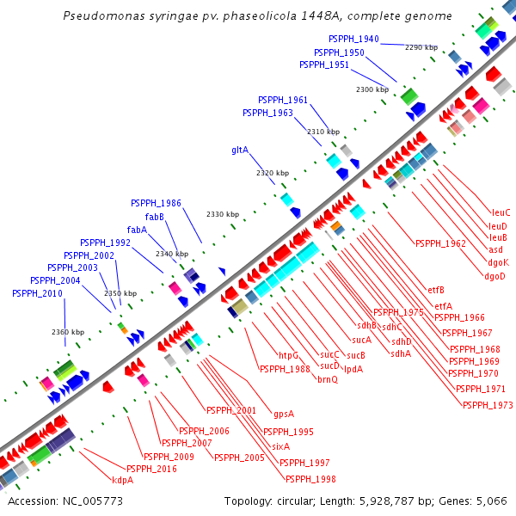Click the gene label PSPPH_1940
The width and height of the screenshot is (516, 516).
coord(353,40)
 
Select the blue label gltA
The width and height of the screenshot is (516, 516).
coord(240,150)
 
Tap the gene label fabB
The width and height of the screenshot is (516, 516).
coord(155,217)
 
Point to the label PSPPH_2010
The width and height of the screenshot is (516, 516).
coord(37,294)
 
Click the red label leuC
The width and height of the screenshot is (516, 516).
coord(501,212)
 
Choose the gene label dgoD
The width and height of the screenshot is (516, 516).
coord(495,276)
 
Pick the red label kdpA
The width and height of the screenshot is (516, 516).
coord(123,480)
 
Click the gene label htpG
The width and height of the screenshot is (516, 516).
coord(288,355)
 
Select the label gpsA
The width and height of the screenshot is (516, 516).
coord(284,413)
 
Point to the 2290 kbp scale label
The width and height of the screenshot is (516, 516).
coord(421,47)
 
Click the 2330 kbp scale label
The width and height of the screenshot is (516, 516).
coord(222,214)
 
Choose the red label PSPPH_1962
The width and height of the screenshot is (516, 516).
coord(439,243)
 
